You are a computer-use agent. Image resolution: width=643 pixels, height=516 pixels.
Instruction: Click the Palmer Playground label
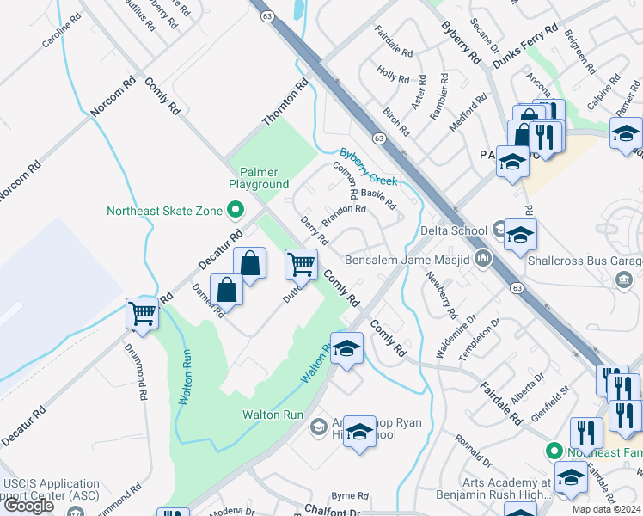click(x=258, y=178)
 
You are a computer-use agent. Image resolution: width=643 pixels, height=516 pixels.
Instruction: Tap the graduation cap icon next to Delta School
click(x=520, y=235)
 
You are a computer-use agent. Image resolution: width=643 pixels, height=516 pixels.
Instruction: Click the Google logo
click(x=29, y=506)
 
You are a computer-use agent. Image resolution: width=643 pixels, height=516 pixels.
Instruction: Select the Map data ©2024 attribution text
click(x=606, y=509)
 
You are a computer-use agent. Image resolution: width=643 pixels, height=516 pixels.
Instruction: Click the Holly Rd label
click(x=393, y=77)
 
